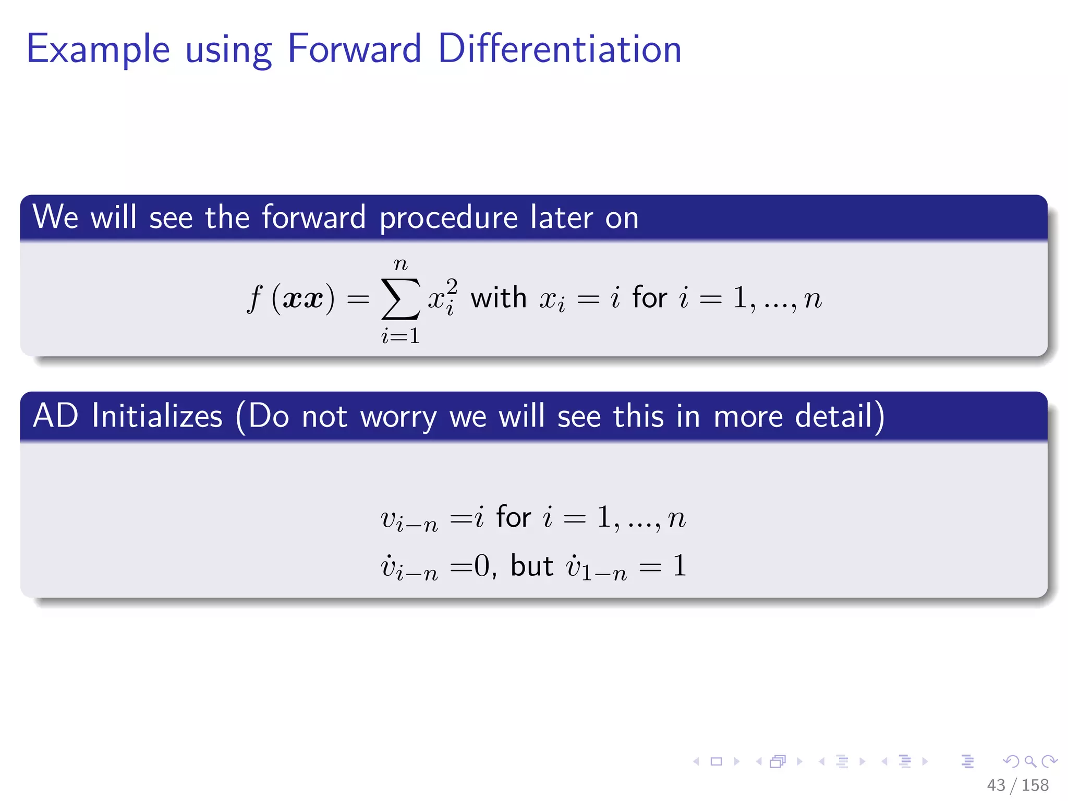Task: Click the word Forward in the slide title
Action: click(x=354, y=49)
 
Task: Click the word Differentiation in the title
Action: click(x=560, y=49)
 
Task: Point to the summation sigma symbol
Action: click(x=400, y=299)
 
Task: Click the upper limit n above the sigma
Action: click(x=400, y=264)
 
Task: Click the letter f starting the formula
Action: click(x=254, y=299)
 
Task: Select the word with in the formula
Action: click(x=499, y=298)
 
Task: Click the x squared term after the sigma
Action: click(x=443, y=297)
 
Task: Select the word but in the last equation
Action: click(x=531, y=566)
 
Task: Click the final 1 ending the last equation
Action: click(x=679, y=566)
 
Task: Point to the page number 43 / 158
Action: click(x=1017, y=785)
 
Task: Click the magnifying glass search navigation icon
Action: click(x=1030, y=762)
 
